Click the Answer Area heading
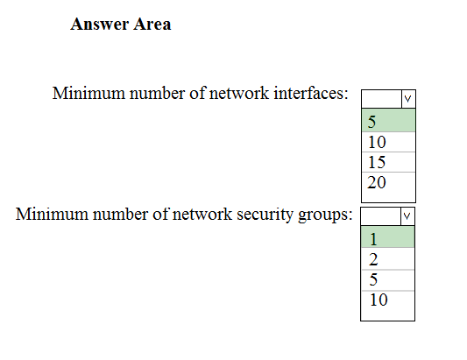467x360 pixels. coord(121,25)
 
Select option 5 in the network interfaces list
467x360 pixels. coord(388,121)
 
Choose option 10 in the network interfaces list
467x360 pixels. coord(388,142)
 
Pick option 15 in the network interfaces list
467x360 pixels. coord(388,162)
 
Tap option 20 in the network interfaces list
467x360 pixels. coord(388,182)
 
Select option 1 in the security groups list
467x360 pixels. coord(387,237)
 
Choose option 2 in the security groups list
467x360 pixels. coord(387,259)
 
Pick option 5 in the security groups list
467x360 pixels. coord(387,280)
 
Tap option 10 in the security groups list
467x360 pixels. coord(387,300)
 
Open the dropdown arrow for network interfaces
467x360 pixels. coord(408,99)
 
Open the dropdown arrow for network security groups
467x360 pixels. coord(407,216)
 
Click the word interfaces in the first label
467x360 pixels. coord(311,93)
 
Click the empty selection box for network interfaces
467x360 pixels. coord(381,99)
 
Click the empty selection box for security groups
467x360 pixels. coord(380,216)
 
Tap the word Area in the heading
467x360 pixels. coord(152,25)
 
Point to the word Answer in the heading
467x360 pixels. coord(99,25)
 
